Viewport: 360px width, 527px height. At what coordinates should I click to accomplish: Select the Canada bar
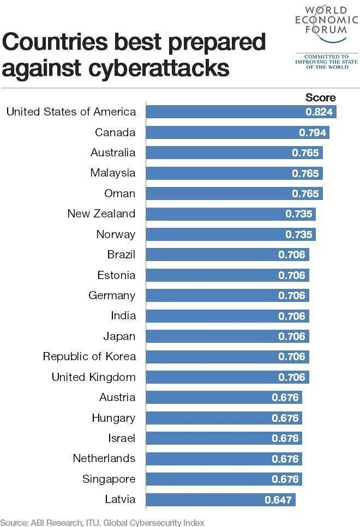tap(238, 132)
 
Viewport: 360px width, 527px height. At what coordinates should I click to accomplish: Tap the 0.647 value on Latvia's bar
tap(278, 500)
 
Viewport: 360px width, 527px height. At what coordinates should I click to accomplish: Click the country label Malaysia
tap(112, 173)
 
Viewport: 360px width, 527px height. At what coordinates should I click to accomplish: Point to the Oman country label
tap(119, 193)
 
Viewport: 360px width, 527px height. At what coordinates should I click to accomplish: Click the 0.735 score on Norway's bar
tap(299, 234)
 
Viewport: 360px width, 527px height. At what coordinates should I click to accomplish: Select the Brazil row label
tap(121, 255)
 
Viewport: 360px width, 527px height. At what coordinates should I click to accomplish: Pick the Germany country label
tap(112, 295)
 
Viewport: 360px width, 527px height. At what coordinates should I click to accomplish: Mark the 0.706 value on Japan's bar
tap(292, 336)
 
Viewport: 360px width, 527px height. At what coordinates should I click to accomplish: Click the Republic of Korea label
tap(89, 357)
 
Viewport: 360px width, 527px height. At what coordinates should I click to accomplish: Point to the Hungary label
tap(113, 418)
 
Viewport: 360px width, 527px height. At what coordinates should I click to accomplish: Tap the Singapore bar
tap(224, 479)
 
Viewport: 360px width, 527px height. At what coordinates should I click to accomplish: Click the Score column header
tap(320, 98)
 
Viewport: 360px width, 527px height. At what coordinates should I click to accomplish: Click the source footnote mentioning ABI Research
tap(102, 522)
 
